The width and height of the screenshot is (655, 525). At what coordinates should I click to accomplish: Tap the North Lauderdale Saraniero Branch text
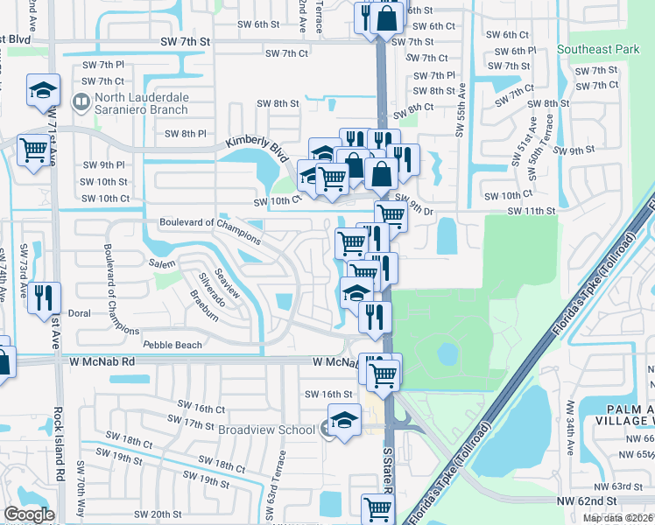click(143, 104)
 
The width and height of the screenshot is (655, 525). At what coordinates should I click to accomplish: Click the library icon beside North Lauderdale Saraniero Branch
click(81, 103)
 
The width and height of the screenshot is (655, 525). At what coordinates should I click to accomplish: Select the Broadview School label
click(269, 429)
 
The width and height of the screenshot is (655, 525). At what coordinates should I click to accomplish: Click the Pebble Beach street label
click(173, 346)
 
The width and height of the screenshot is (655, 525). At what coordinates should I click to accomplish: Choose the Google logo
click(29, 514)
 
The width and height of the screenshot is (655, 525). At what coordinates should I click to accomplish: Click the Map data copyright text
click(617, 518)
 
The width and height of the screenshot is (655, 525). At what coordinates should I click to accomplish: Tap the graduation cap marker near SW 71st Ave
click(42, 91)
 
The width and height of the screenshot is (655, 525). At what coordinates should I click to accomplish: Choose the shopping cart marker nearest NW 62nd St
click(377, 507)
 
